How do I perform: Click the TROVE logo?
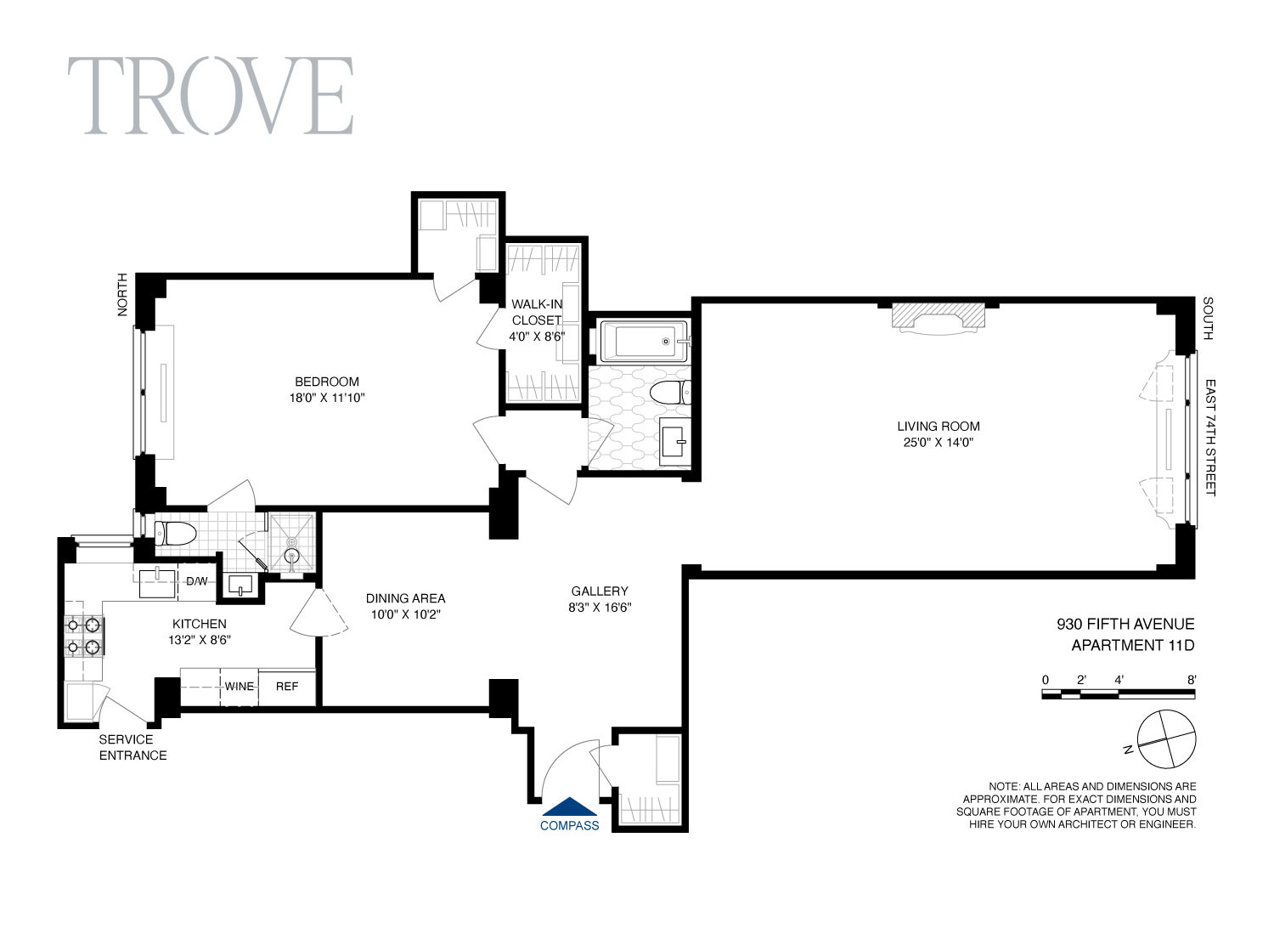tap(210, 95)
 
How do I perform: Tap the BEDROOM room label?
tap(327, 382)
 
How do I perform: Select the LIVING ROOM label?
tap(938, 427)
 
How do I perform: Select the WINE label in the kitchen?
tap(240, 687)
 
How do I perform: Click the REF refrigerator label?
tap(287, 687)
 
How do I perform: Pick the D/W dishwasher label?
tap(197, 581)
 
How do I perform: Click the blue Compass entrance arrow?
tap(570, 807)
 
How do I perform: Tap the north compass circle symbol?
tap(1166, 738)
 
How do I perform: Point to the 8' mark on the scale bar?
tap(1192, 680)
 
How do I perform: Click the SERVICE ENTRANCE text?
tap(132, 747)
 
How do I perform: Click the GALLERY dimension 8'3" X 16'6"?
tap(600, 608)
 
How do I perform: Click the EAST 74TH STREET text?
tap(1210, 438)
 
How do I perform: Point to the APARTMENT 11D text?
tap(1132, 645)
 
